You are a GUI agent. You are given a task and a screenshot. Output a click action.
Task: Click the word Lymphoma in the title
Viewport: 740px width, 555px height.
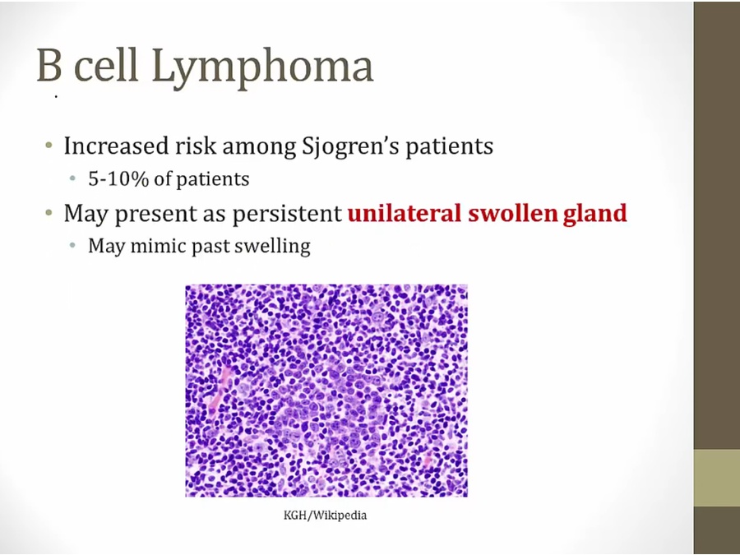(x=262, y=67)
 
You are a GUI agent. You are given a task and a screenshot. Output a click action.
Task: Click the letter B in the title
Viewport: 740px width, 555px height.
(x=49, y=64)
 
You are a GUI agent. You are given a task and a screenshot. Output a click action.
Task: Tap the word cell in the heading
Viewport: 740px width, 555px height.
(x=107, y=64)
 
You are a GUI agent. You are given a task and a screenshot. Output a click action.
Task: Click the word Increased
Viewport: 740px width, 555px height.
(x=116, y=146)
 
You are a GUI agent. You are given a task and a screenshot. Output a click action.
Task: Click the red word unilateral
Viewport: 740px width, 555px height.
(x=405, y=213)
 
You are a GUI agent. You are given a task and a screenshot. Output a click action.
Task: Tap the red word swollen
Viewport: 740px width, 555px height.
(x=513, y=213)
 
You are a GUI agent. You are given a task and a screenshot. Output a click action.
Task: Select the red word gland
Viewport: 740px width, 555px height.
(x=595, y=214)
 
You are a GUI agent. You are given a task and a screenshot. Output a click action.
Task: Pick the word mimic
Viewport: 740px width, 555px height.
(x=158, y=246)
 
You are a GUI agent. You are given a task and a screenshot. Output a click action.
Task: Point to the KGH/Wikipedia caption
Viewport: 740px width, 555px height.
(x=325, y=515)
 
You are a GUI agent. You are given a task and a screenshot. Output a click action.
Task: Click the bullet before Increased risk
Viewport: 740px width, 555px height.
(x=49, y=145)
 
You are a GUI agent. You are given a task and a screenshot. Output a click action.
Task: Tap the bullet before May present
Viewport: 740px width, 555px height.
(x=49, y=213)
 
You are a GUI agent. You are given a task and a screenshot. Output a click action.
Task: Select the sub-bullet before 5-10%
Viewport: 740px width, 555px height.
(x=72, y=178)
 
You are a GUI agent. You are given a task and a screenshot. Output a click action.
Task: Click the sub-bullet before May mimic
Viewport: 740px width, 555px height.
(x=72, y=245)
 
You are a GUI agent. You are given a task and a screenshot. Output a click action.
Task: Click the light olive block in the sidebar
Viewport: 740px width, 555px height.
(x=716, y=478)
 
